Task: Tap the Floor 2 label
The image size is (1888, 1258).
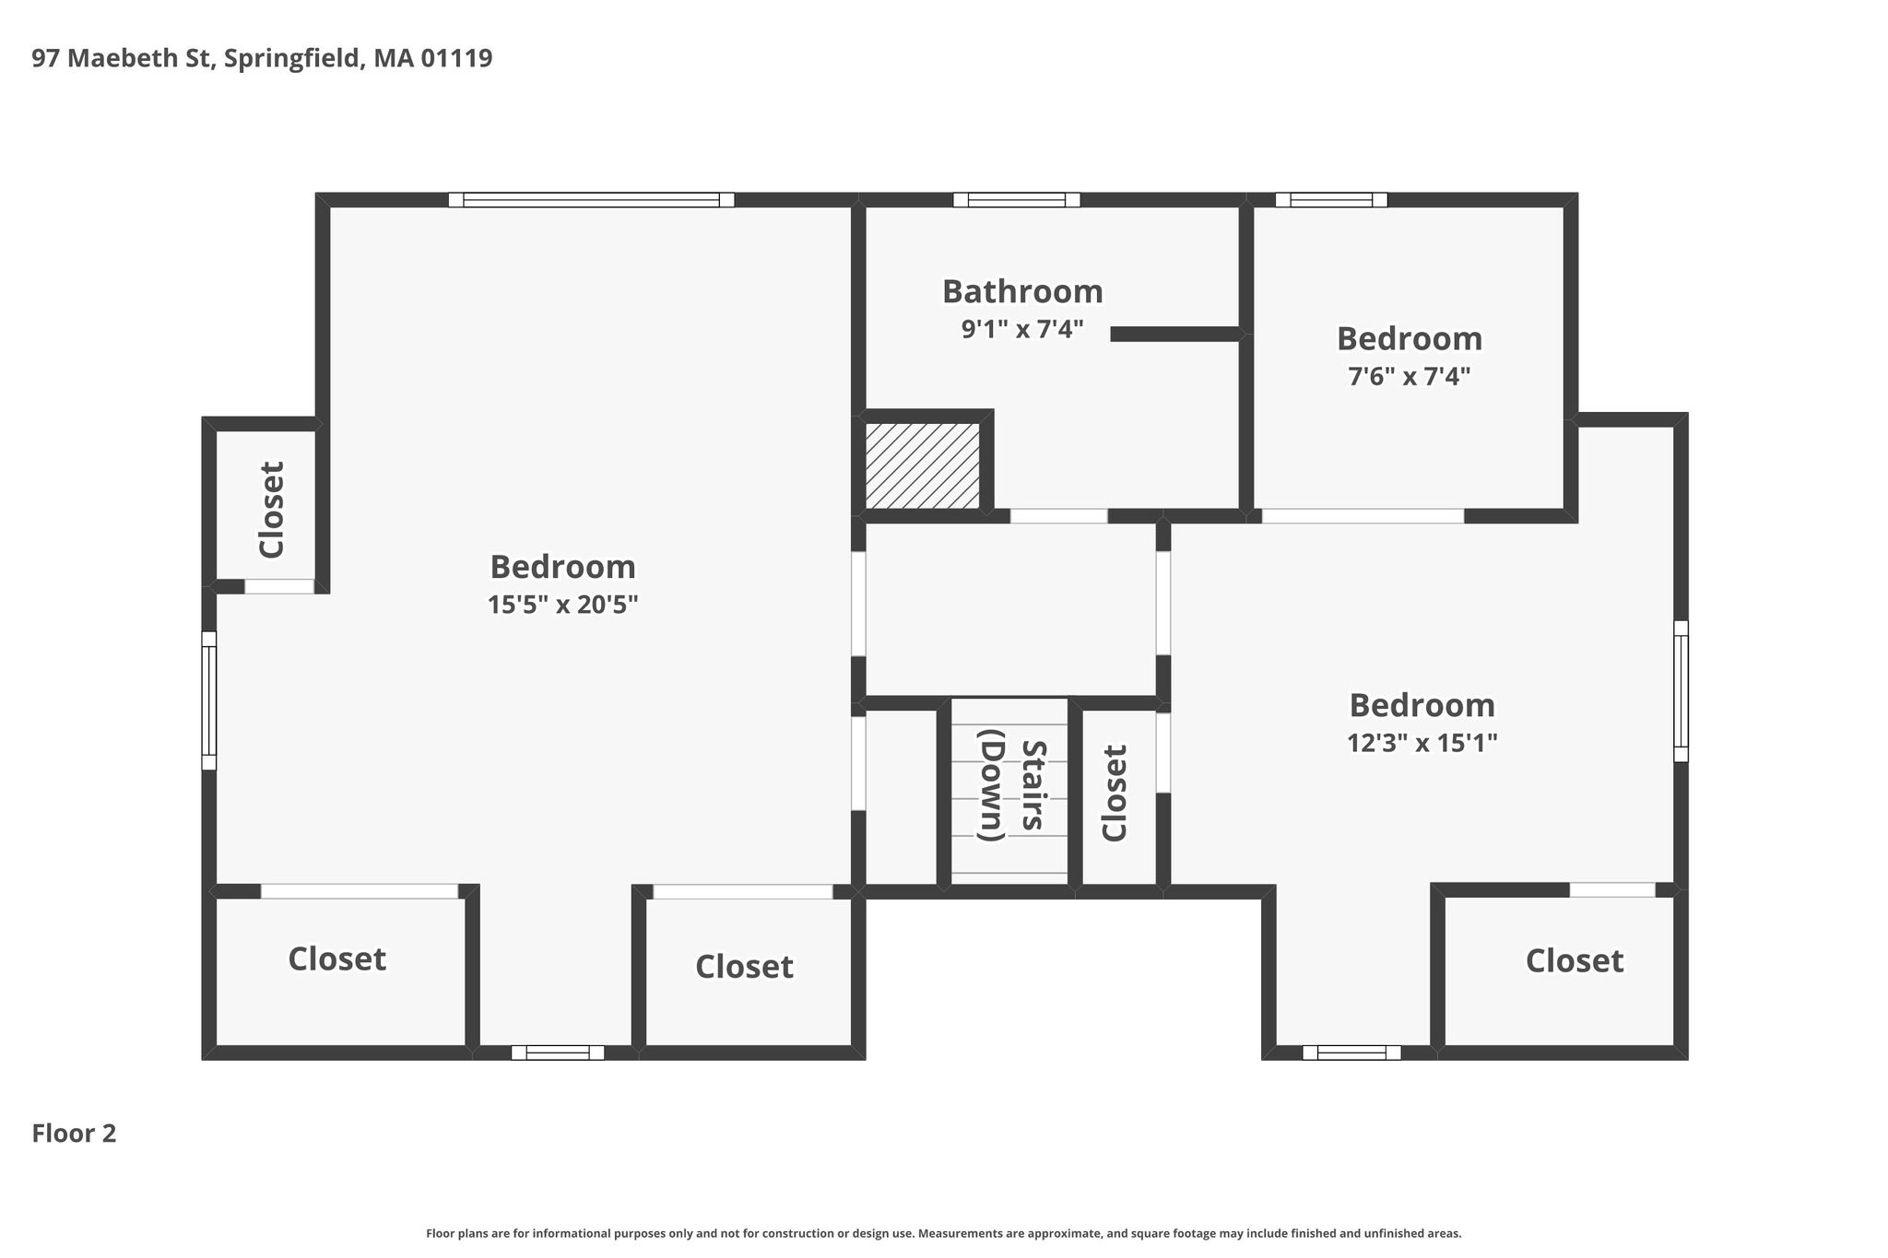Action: (x=74, y=1133)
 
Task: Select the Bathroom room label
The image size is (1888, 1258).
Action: (x=1022, y=291)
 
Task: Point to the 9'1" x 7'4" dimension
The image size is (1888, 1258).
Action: (x=1022, y=329)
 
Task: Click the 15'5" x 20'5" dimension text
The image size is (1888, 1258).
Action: (x=562, y=605)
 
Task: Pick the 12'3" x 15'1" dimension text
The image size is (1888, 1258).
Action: (x=1422, y=742)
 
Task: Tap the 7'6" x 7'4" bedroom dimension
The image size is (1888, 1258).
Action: (x=1410, y=376)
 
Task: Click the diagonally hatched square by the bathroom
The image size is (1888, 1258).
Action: (x=922, y=465)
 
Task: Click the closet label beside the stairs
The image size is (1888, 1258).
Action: (x=1115, y=793)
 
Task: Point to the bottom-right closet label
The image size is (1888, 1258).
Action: (x=1574, y=960)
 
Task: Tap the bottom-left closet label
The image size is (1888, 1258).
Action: (x=336, y=958)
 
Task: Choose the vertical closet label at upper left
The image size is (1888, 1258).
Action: (x=272, y=510)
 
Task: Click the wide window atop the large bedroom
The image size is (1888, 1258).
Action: (x=591, y=200)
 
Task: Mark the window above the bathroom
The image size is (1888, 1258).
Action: (x=1016, y=200)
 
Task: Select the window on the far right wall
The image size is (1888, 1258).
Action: (x=1681, y=691)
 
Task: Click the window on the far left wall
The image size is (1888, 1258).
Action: (x=209, y=700)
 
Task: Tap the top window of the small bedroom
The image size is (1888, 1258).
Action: (x=1331, y=200)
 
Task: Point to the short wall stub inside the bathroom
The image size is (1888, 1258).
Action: (x=1175, y=335)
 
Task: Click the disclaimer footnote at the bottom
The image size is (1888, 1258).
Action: (x=944, y=1233)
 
